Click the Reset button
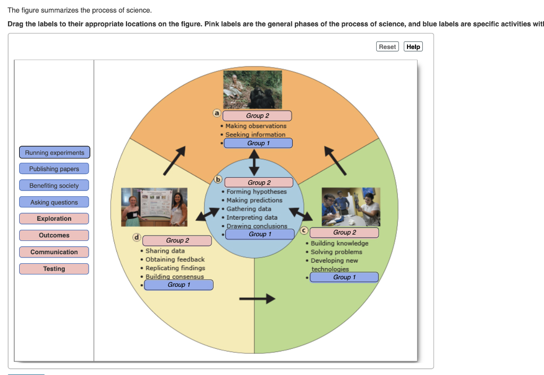pos(387,47)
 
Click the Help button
pos(413,47)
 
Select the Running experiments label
pos(54,153)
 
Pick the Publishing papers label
pos(54,169)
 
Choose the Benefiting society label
pos(54,186)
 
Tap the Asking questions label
pos(54,202)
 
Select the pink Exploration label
pos(54,219)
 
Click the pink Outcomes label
pos(54,235)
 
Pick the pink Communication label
pos(54,252)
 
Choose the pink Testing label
pos(54,269)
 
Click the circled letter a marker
pos(217,113)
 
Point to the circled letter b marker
pos(217,179)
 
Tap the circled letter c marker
pos(304,230)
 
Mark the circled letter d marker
pos(137,237)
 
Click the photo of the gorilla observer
pos(252,89)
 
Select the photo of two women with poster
pos(155,207)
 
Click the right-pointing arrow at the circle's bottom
pos(257,299)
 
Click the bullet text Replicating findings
pos(175,268)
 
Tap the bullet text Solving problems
pos(336,252)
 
